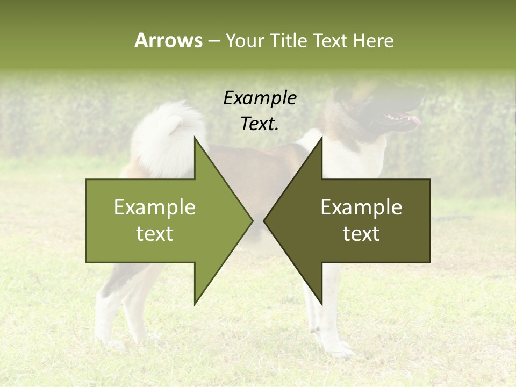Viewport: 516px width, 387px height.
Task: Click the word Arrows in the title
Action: tap(168, 40)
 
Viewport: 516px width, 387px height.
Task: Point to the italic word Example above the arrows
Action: tap(260, 98)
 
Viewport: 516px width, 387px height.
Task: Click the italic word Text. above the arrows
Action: tap(260, 124)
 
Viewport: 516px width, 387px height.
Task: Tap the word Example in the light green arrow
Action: tap(155, 207)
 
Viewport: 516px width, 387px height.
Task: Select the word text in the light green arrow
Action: tap(155, 234)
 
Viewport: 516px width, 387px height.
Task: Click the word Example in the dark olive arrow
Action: tap(361, 207)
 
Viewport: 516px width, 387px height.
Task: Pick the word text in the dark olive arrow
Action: tap(361, 234)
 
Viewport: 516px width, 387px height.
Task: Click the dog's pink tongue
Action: tap(414, 120)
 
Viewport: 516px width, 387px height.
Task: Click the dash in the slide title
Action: tap(213, 41)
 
